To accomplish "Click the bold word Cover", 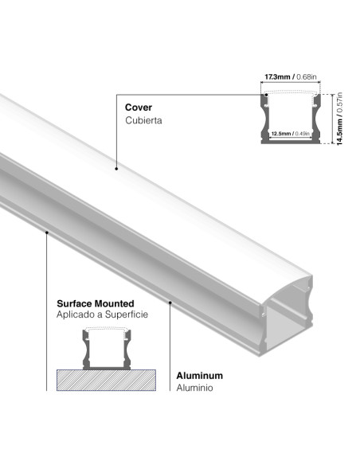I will click(138, 106).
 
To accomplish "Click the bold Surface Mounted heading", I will click(95, 303).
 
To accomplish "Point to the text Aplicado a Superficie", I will click(101, 316).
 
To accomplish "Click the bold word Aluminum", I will click(199, 375).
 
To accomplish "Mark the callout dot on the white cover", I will click(117, 170).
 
